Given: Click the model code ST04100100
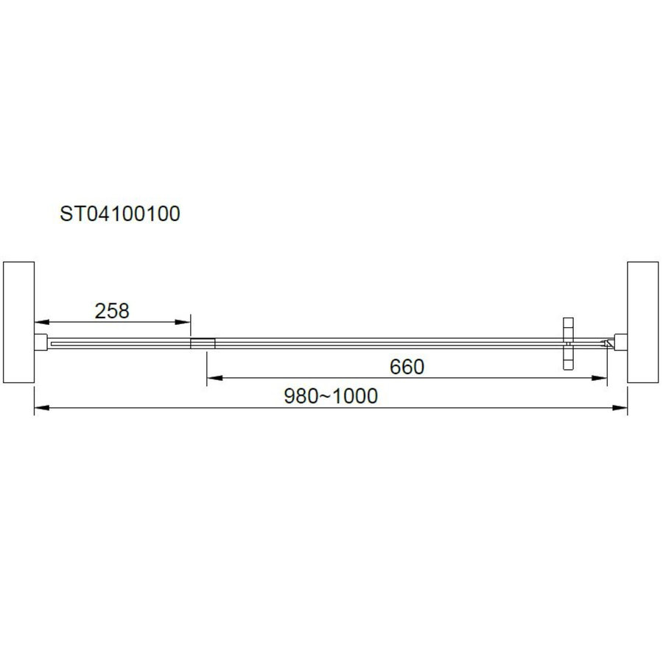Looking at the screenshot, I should [120, 214].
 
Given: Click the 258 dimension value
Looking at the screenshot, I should [112, 311].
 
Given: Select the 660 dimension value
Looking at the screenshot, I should [407, 367].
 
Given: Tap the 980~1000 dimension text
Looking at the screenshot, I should [331, 396].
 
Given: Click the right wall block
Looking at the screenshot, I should [643, 321].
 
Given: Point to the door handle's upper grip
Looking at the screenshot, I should [567, 329].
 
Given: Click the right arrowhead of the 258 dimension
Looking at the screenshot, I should [186, 322].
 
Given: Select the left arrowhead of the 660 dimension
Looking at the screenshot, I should [211, 379].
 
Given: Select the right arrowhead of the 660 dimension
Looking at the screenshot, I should [603, 379].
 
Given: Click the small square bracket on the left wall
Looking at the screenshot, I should [41, 343].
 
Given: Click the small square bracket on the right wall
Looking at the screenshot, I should [621, 343].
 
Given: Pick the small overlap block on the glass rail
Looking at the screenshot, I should [203, 343].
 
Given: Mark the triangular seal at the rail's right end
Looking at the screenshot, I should [608, 343].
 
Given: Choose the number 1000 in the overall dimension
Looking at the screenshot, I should [355, 396].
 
